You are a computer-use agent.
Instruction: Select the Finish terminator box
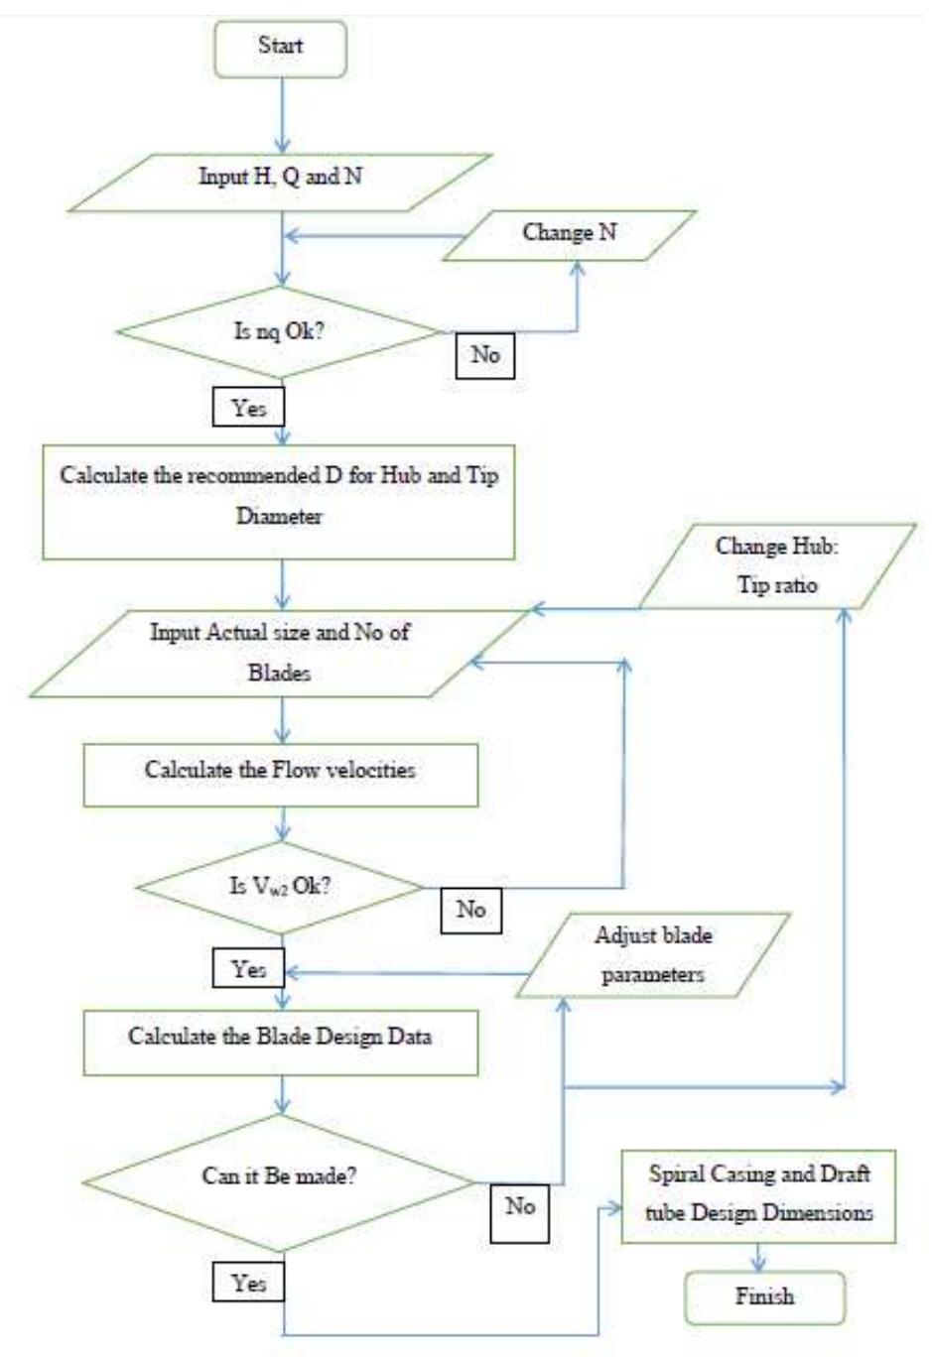click(x=764, y=1297)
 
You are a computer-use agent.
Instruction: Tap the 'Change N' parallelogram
click(x=570, y=235)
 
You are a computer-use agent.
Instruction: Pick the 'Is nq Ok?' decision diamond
click(x=279, y=332)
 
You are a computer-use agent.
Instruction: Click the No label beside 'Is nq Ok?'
click(x=485, y=355)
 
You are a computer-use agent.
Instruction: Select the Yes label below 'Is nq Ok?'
click(x=248, y=407)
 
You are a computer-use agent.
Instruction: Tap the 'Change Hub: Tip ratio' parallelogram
click(x=777, y=565)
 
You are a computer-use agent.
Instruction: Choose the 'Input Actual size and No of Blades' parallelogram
click(x=279, y=653)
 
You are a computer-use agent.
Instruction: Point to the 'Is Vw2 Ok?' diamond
click(x=281, y=887)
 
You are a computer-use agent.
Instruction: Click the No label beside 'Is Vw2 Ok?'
click(x=470, y=910)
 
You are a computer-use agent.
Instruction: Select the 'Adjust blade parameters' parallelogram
click(x=653, y=955)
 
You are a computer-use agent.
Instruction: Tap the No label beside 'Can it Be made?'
click(x=520, y=1207)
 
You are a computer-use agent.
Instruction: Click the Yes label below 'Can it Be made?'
click(x=248, y=1283)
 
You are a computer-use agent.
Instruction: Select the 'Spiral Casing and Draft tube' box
click(x=758, y=1195)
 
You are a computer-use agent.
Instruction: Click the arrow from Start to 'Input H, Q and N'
click(x=282, y=115)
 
